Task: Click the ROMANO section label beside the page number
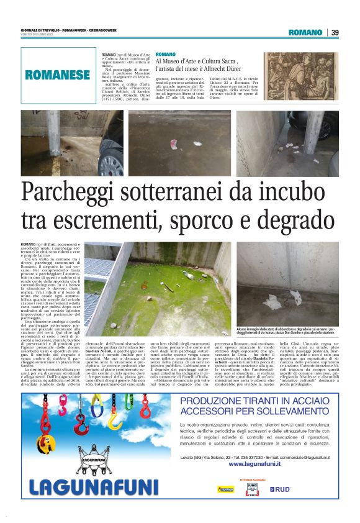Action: [x=305, y=32]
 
